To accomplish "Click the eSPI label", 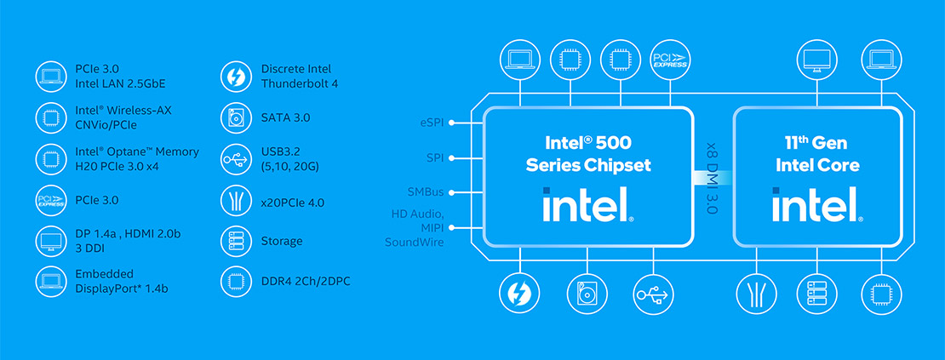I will (x=432, y=123).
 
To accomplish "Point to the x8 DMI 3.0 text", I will (x=712, y=177).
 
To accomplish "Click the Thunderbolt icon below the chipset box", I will (x=518, y=294).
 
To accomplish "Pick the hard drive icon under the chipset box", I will (x=587, y=294).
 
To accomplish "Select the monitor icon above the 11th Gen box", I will (x=817, y=60).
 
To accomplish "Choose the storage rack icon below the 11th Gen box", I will (x=817, y=294).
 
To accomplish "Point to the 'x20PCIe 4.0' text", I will (x=292, y=202).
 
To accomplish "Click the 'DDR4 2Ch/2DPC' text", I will (x=304, y=280).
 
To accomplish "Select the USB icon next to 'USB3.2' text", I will (x=233, y=159).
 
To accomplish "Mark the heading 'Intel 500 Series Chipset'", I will (x=586, y=153).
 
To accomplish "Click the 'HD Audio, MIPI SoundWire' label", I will (x=418, y=227).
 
